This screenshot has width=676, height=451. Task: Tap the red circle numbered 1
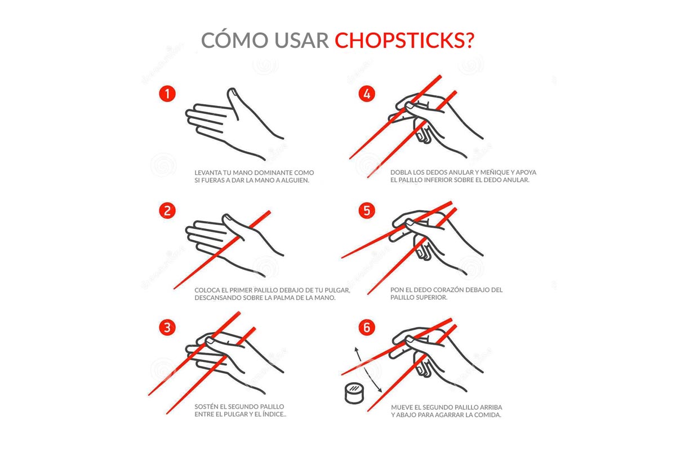(x=167, y=94)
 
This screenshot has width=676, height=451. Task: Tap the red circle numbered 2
(x=167, y=211)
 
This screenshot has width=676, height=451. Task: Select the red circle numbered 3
(x=167, y=328)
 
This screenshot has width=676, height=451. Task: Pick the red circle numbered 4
(x=367, y=94)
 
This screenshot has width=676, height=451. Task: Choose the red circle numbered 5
(x=367, y=211)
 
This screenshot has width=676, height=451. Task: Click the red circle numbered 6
(x=367, y=328)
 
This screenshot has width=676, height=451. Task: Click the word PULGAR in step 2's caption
(x=337, y=290)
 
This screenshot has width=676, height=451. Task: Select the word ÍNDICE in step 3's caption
(x=274, y=414)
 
